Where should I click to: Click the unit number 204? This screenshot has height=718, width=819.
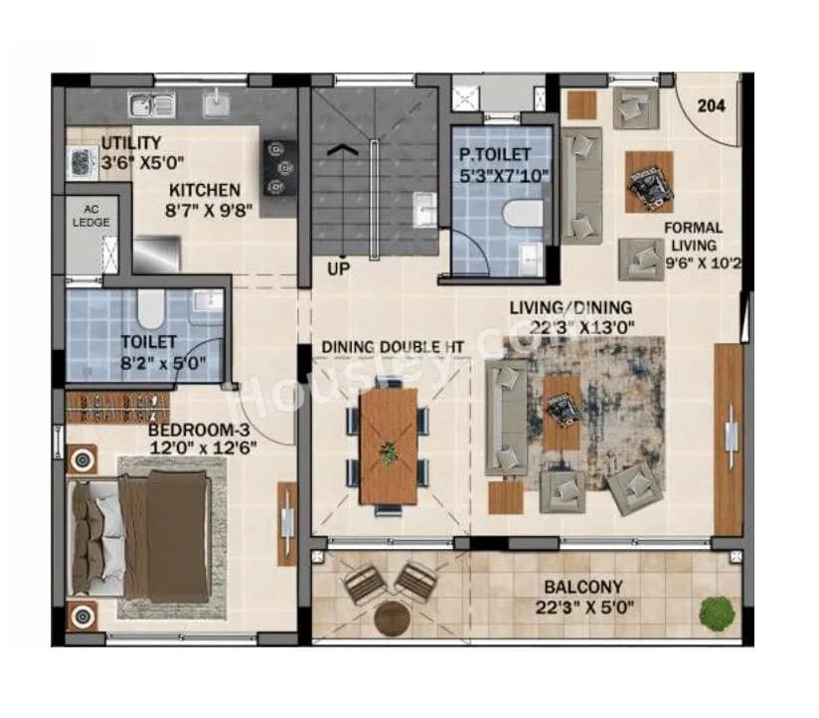tap(711, 105)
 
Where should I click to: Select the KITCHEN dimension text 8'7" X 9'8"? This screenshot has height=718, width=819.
tap(204, 210)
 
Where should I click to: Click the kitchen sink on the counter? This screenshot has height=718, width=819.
tap(151, 103)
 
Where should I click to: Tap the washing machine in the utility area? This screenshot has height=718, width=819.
tap(81, 163)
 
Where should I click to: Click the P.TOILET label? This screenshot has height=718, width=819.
tap(494, 154)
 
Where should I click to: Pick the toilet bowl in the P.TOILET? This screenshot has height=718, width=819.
tap(521, 213)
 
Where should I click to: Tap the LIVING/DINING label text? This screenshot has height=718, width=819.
tap(571, 307)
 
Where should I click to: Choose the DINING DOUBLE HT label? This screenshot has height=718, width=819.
tap(393, 346)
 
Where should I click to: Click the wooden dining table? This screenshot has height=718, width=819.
tap(388, 445)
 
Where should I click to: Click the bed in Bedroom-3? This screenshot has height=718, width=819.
tap(139, 536)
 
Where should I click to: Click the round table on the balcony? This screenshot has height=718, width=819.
tap(393, 618)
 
